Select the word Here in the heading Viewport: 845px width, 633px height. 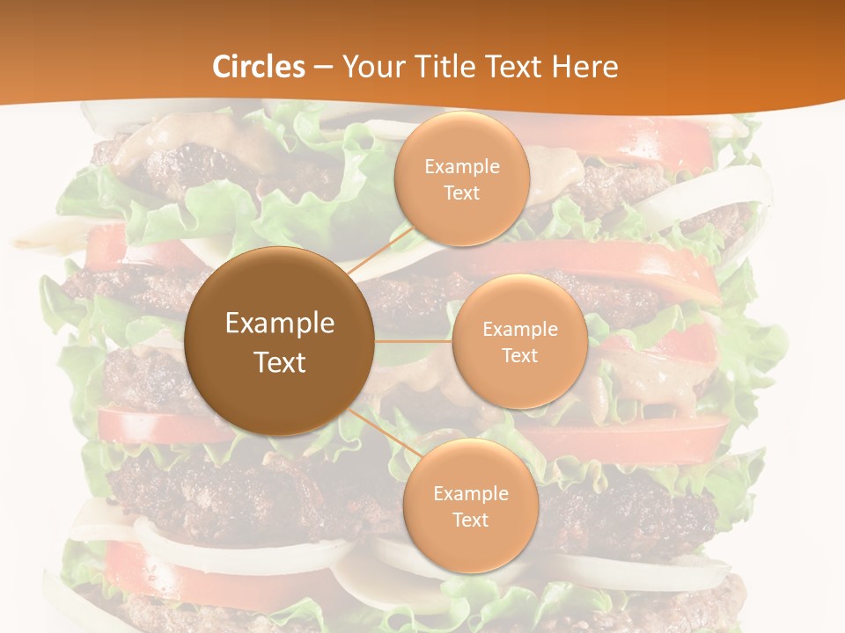(585, 67)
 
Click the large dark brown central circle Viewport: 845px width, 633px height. (279, 387)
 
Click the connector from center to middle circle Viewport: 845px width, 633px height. (414, 341)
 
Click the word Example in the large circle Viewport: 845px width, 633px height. (279, 324)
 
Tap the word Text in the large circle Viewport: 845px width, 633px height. (279, 362)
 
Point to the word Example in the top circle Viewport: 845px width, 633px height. (462, 167)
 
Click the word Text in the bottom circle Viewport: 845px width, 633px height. (470, 520)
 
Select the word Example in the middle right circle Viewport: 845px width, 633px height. (519, 330)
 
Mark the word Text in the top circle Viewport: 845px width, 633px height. (462, 193)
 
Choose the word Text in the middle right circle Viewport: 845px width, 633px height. (519, 355)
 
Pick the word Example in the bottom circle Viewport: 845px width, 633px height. (470, 494)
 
